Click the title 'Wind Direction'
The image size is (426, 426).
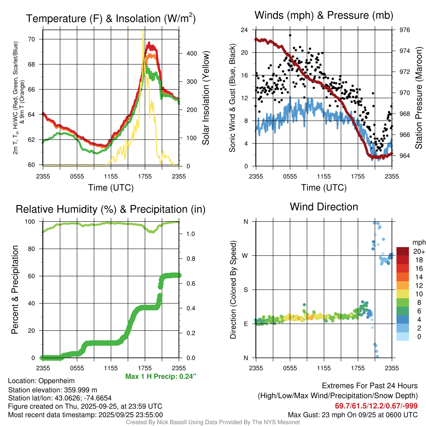[x=324, y=207]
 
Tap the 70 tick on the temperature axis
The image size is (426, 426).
[x=36, y=40]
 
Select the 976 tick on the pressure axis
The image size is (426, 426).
[x=405, y=30]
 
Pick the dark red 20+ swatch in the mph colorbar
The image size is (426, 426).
[x=404, y=251]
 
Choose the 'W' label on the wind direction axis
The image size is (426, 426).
[x=246, y=255]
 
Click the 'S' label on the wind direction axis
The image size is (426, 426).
[x=246, y=290]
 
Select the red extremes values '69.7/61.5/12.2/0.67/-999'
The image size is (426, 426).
[x=376, y=406]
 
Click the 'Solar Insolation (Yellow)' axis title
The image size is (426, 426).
[x=206, y=98]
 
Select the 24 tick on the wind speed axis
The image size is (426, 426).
[x=245, y=30]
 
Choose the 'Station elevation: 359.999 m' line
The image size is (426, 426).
[x=52, y=389]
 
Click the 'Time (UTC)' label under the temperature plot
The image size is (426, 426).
[x=111, y=188]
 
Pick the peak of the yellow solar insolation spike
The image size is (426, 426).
[x=143, y=31]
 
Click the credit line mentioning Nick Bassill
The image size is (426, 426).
[x=213, y=422]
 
